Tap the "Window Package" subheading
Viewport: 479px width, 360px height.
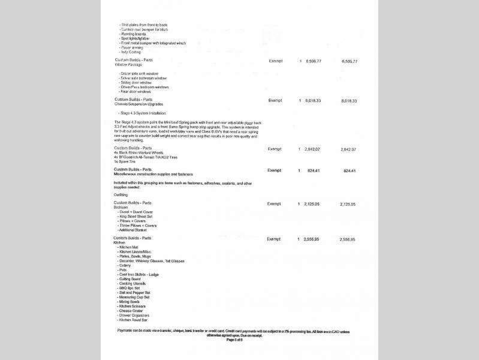(129, 64)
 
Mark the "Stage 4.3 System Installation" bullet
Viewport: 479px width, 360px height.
(142, 113)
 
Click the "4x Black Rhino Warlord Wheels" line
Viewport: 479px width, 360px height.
(138, 152)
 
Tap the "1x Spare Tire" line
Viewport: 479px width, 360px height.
(124, 161)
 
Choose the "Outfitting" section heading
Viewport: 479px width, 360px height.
(121, 195)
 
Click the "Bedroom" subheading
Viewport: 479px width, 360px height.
(121, 207)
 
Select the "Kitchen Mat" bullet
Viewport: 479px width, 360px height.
(128, 247)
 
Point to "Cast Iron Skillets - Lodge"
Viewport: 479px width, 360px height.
(139, 274)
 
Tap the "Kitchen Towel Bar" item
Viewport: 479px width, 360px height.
(135, 319)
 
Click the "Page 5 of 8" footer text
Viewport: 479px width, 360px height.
(234, 340)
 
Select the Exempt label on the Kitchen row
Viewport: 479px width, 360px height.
(274, 239)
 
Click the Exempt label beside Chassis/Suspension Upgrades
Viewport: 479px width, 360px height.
(275, 100)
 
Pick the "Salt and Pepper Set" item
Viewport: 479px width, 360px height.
(135, 292)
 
